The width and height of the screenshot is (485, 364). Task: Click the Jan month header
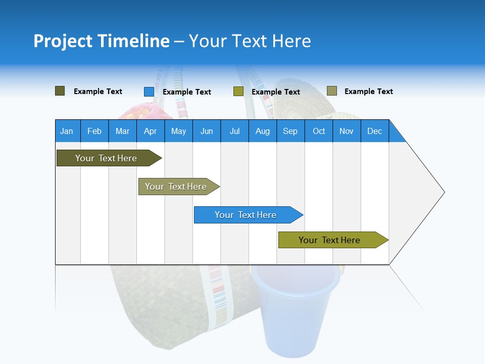tap(67, 131)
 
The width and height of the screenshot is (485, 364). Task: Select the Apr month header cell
tap(151, 131)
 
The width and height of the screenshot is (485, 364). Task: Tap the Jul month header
tap(234, 131)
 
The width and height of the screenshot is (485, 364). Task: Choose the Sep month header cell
tap(290, 131)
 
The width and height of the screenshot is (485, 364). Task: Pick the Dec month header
tap(374, 131)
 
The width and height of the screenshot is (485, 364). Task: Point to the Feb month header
tap(94, 131)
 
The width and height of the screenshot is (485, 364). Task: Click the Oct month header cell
tap(319, 131)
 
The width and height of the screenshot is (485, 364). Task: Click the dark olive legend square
tap(60, 91)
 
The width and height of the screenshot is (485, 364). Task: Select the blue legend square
tap(149, 92)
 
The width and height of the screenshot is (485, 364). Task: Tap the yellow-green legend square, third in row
tap(238, 92)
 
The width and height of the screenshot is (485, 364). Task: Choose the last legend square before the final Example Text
tap(332, 91)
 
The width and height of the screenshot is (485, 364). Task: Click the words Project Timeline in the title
tap(101, 41)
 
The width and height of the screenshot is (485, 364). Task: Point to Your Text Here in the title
tap(250, 41)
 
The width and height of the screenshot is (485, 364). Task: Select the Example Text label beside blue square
tap(187, 92)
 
